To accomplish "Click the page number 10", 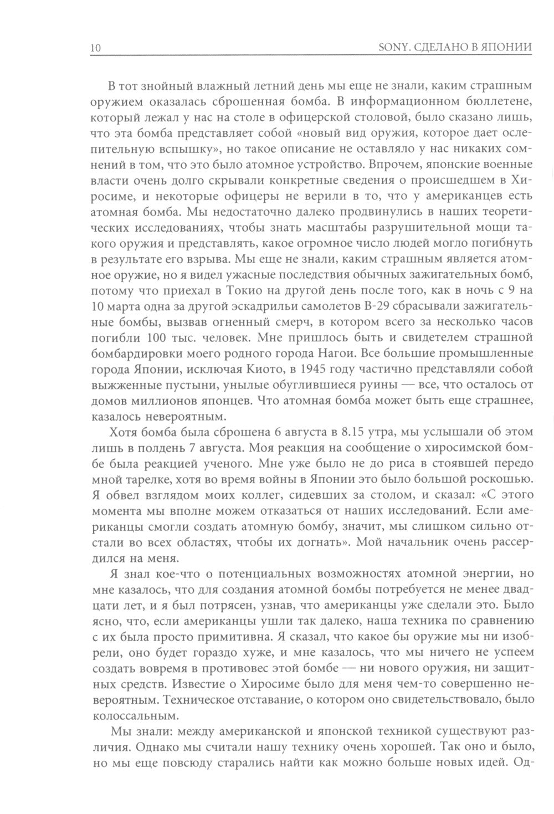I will [x=94, y=48].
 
